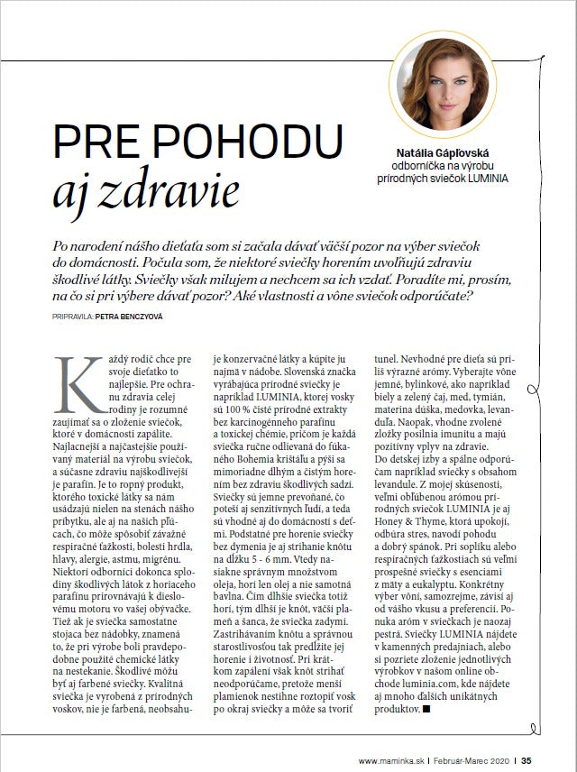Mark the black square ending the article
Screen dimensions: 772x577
pos(426,710)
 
